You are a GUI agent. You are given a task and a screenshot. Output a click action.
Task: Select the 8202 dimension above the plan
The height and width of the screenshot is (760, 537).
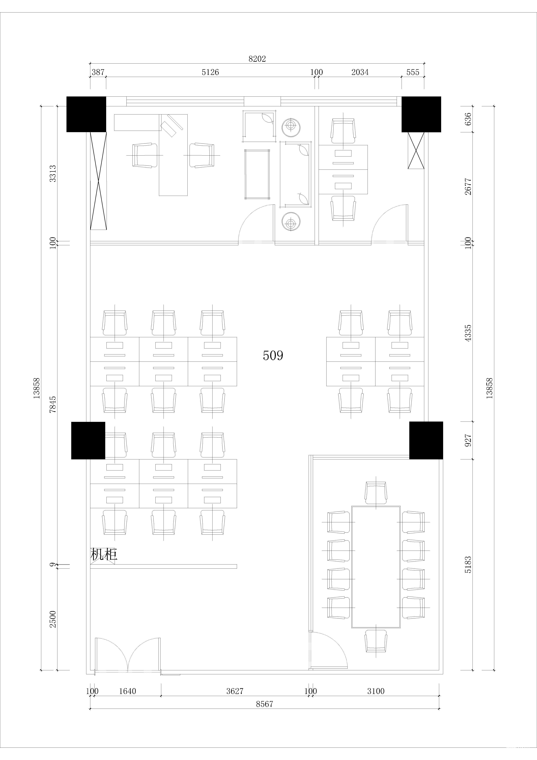click(257, 59)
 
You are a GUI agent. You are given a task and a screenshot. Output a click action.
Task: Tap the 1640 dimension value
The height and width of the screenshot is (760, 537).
click(127, 691)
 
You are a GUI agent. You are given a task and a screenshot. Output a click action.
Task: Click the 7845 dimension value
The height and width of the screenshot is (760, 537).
click(53, 404)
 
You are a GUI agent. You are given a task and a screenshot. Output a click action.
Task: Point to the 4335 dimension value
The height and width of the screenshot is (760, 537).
click(468, 333)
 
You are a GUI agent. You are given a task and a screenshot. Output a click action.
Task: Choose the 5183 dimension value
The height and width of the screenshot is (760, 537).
click(468, 565)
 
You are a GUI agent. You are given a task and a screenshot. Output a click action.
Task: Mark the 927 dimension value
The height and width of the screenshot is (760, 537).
click(468, 440)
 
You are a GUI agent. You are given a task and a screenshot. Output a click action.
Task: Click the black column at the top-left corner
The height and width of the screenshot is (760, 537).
click(86, 114)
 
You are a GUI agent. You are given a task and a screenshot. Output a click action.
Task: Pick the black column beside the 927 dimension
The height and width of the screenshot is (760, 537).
click(426, 440)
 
